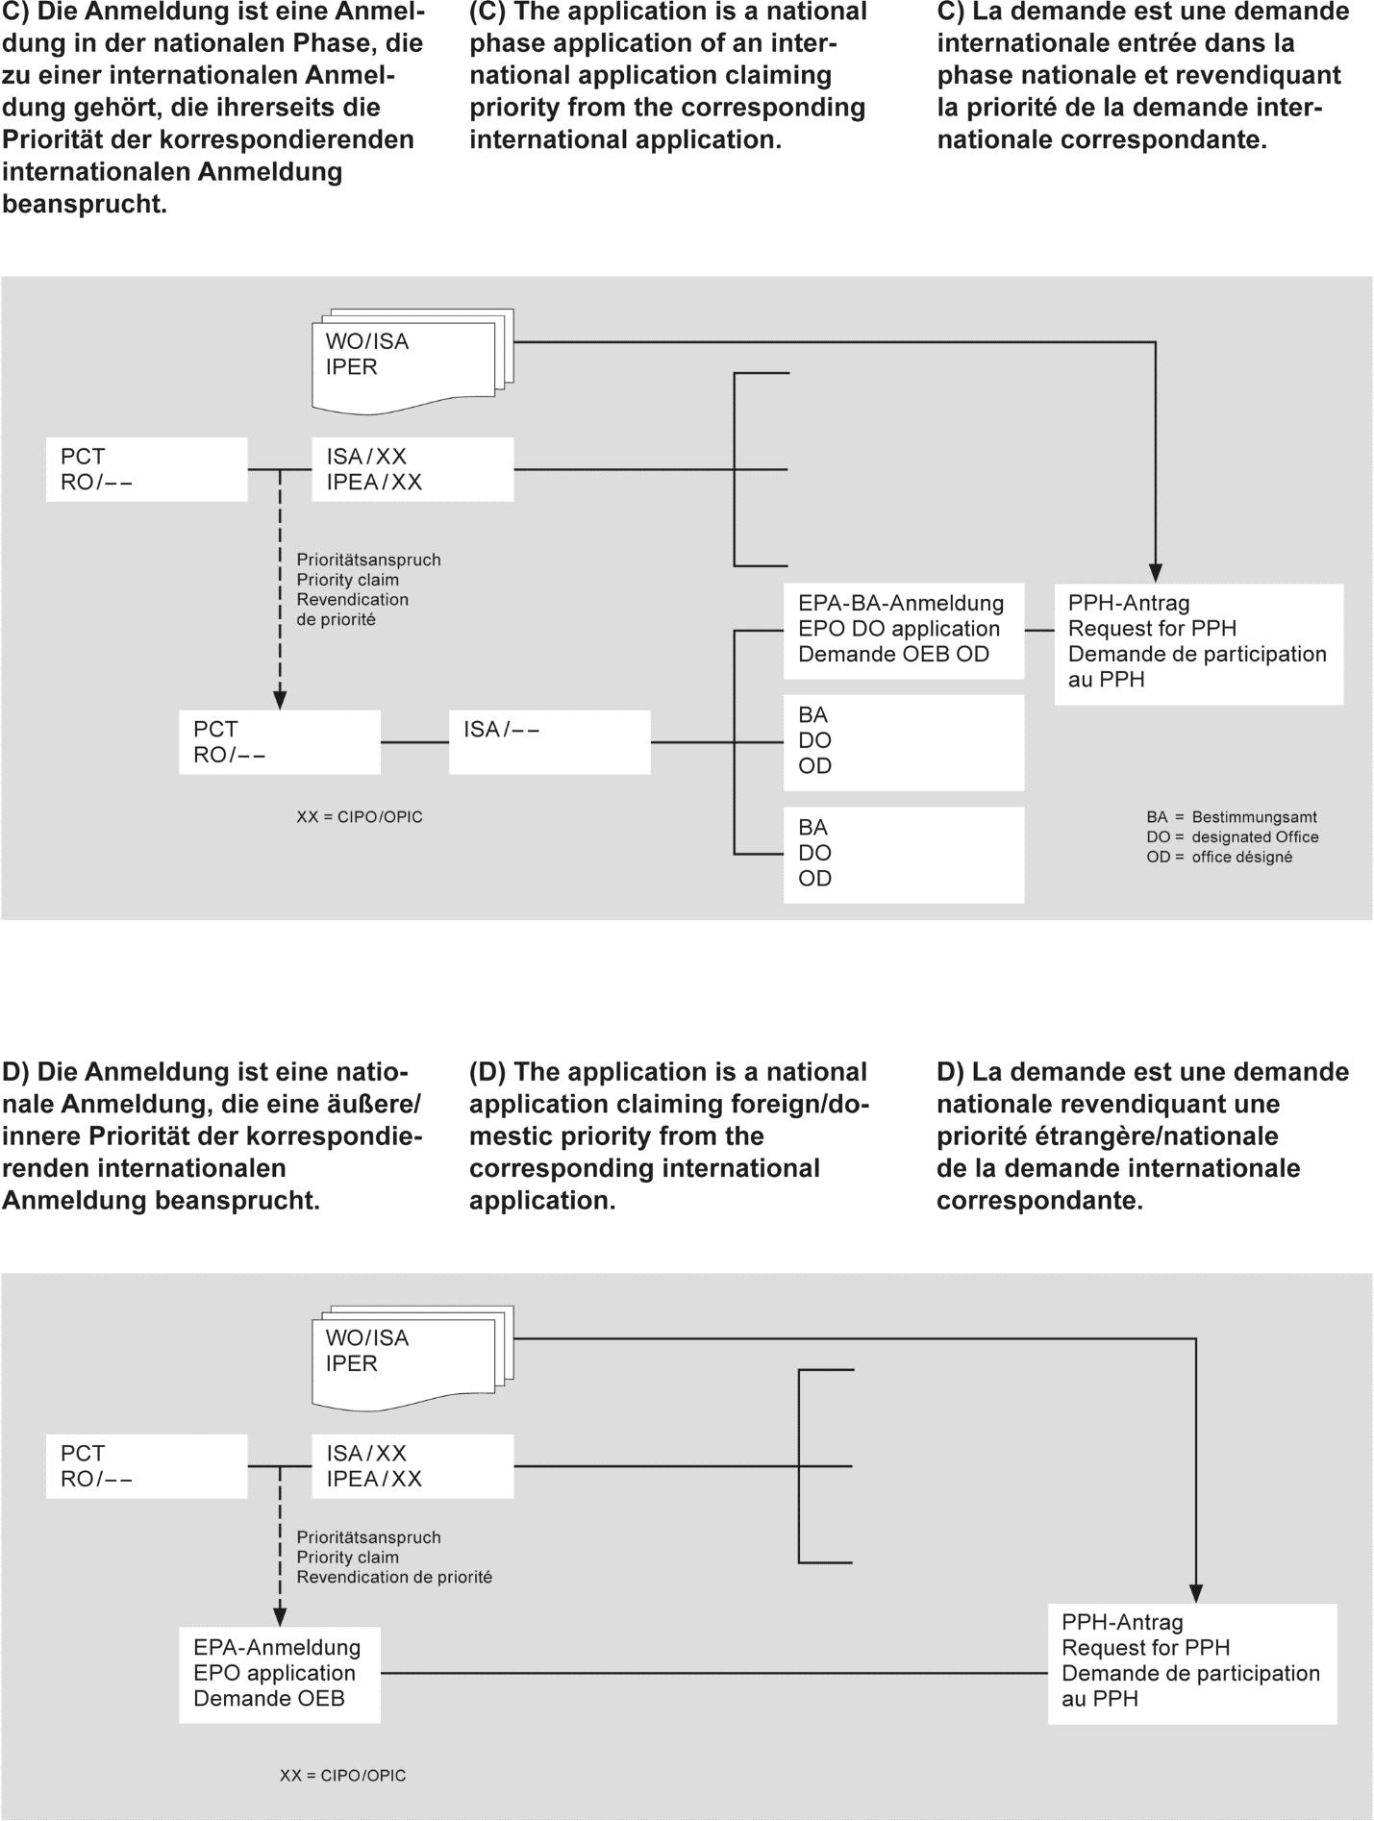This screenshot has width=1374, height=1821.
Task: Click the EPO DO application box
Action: coord(903,630)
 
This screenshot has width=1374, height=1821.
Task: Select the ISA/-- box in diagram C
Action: coord(549,741)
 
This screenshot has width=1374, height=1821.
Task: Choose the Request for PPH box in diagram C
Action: coord(1198,642)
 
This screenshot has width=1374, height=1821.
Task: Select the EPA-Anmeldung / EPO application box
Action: coord(279,1674)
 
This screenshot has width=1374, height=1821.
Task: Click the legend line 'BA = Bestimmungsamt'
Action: coord(1231,817)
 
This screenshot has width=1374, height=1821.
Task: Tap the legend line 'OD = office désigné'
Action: coord(1218,857)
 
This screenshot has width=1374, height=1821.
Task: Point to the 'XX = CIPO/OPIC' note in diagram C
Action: coord(360,817)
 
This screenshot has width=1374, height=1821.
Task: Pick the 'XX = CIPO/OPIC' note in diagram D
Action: coord(343,1776)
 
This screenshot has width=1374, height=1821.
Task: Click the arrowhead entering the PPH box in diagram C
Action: coord(1156,574)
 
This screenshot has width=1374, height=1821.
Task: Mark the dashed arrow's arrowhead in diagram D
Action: coord(280,1616)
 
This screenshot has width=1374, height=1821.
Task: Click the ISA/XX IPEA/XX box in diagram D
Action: coord(412,1466)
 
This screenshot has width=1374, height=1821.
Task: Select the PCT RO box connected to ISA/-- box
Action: coord(279,741)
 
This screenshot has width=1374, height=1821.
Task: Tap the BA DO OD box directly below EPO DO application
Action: coord(903,741)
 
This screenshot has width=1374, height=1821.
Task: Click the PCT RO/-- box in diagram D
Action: coord(146,1466)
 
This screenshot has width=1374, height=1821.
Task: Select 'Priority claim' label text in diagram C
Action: coord(347,580)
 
